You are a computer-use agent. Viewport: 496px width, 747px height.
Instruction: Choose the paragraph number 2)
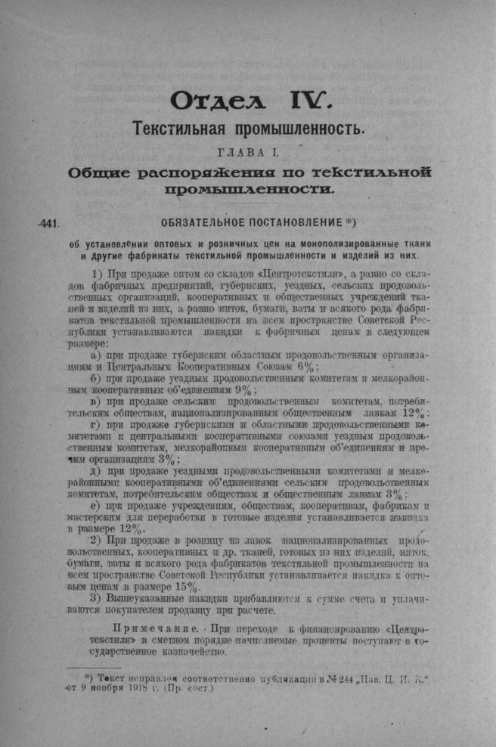(96, 541)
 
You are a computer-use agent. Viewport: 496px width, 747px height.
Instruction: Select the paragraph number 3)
(96, 599)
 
